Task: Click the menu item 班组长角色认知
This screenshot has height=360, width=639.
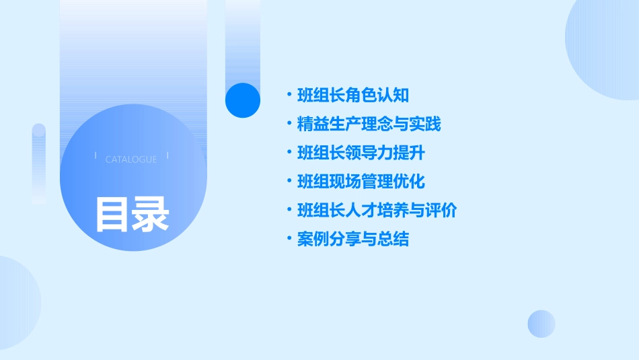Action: pyautogui.click(x=353, y=96)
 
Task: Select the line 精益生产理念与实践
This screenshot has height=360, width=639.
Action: pyautogui.click(x=369, y=124)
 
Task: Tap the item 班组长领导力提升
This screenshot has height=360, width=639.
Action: pyautogui.click(x=361, y=153)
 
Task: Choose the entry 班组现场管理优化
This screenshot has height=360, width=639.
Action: pyautogui.click(x=361, y=182)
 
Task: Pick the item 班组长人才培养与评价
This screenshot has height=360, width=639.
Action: pyautogui.click(x=377, y=211)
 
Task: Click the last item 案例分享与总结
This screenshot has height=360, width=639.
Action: pyautogui.click(x=353, y=240)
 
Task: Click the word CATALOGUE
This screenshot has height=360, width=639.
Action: pyautogui.click(x=131, y=159)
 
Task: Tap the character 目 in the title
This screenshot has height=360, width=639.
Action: pyautogui.click(x=112, y=214)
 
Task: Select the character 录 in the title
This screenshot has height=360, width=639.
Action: pyautogui.click(x=150, y=214)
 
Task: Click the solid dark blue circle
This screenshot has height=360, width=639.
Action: pyautogui.click(x=243, y=100)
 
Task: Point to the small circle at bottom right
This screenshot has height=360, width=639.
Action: pyautogui.click(x=541, y=324)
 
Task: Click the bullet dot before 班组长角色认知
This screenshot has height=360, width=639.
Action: pyautogui.click(x=289, y=96)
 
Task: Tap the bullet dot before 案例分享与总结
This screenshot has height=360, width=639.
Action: pyautogui.click(x=289, y=240)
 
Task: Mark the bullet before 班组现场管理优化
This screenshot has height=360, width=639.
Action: pyautogui.click(x=289, y=182)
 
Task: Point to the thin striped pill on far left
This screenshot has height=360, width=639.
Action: pyautogui.click(x=39, y=164)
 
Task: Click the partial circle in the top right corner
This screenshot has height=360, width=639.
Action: pyautogui.click(x=605, y=47)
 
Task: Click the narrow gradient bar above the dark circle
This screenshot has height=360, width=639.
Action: pyautogui.click(x=243, y=40)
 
